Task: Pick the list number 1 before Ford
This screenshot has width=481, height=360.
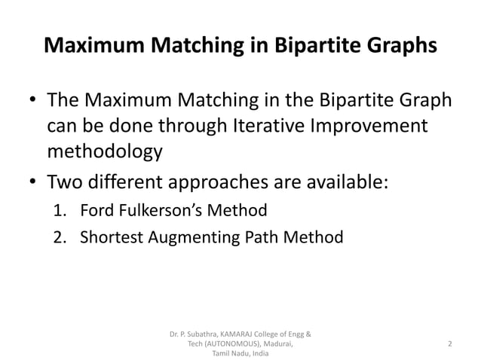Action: click(x=60, y=209)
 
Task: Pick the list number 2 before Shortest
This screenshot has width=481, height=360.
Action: click(x=60, y=237)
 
